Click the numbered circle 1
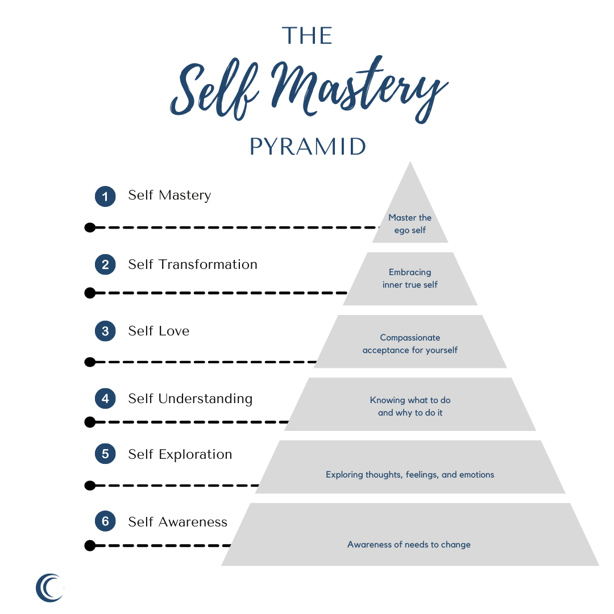[x=105, y=196]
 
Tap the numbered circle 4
[x=105, y=399]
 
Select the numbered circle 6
[x=105, y=522]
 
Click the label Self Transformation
[x=193, y=264]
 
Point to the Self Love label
[x=159, y=331]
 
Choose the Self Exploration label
[x=180, y=454]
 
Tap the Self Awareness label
[x=177, y=522]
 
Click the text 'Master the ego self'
[x=410, y=224]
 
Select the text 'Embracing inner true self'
[x=410, y=278]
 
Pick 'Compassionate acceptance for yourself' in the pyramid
[x=410, y=344]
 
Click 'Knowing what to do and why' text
[x=410, y=406]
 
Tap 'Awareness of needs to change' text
[x=409, y=545]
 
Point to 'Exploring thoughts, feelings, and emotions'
[x=410, y=474]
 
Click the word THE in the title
[x=307, y=36]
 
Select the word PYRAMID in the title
[x=308, y=147]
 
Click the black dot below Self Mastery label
[x=89, y=227]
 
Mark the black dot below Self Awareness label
[x=89, y=546]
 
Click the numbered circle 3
[x=105, y=331]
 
